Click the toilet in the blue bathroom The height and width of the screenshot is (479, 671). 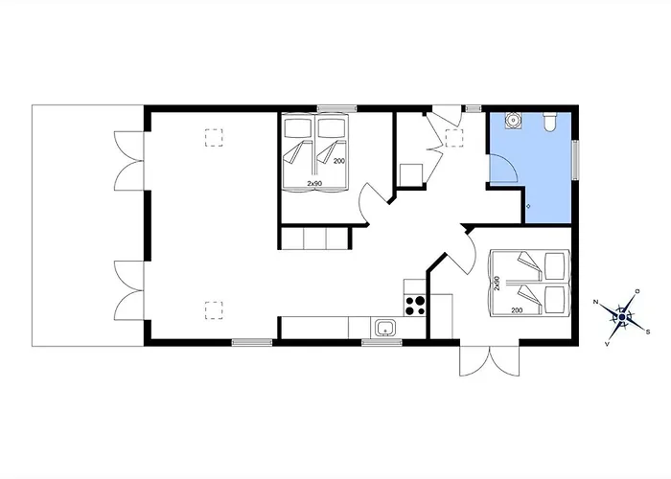550,121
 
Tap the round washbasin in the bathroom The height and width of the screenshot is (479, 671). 512,120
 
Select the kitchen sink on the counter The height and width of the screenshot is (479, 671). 385,329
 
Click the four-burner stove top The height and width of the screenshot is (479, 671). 415,306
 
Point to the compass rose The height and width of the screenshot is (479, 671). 622,317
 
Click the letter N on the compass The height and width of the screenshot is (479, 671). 595,302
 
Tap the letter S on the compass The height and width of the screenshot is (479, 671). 648,331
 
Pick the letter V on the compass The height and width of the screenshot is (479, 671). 607,344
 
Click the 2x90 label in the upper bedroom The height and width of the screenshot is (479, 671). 314,183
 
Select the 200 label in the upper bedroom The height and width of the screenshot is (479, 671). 339,161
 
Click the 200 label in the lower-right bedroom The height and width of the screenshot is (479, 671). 517,310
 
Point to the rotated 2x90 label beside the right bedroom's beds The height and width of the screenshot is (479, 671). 497,284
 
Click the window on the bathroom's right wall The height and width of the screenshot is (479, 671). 575,160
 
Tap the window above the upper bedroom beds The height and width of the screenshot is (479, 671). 336,108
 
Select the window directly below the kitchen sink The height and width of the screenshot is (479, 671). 382,342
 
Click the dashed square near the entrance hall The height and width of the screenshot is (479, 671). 454,138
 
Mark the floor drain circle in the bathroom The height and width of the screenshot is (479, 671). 528,206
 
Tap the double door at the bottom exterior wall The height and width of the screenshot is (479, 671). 490,359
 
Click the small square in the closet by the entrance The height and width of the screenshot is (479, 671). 411,174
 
